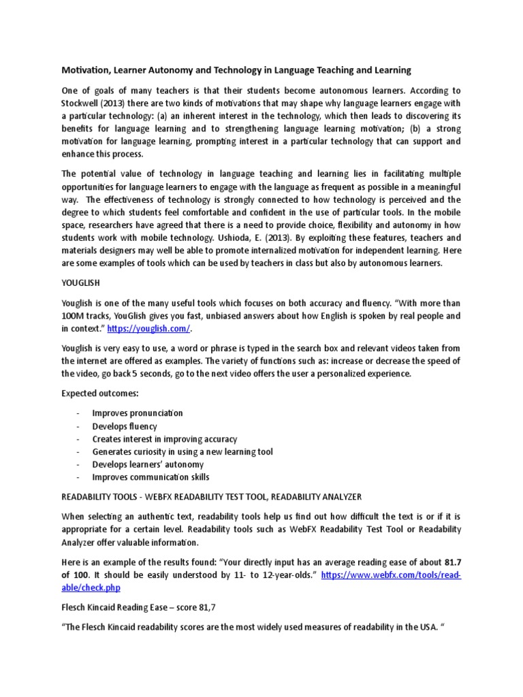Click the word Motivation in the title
coord(86,70)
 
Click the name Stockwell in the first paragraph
coord(84,103)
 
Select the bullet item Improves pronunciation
coord(138,413)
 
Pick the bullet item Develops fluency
coord(125,426)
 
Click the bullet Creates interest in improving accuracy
coord(165,439)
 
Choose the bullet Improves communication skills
coord(151,477)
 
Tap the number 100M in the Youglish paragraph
coord(75,316)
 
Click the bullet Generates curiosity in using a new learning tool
coord(183,451)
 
